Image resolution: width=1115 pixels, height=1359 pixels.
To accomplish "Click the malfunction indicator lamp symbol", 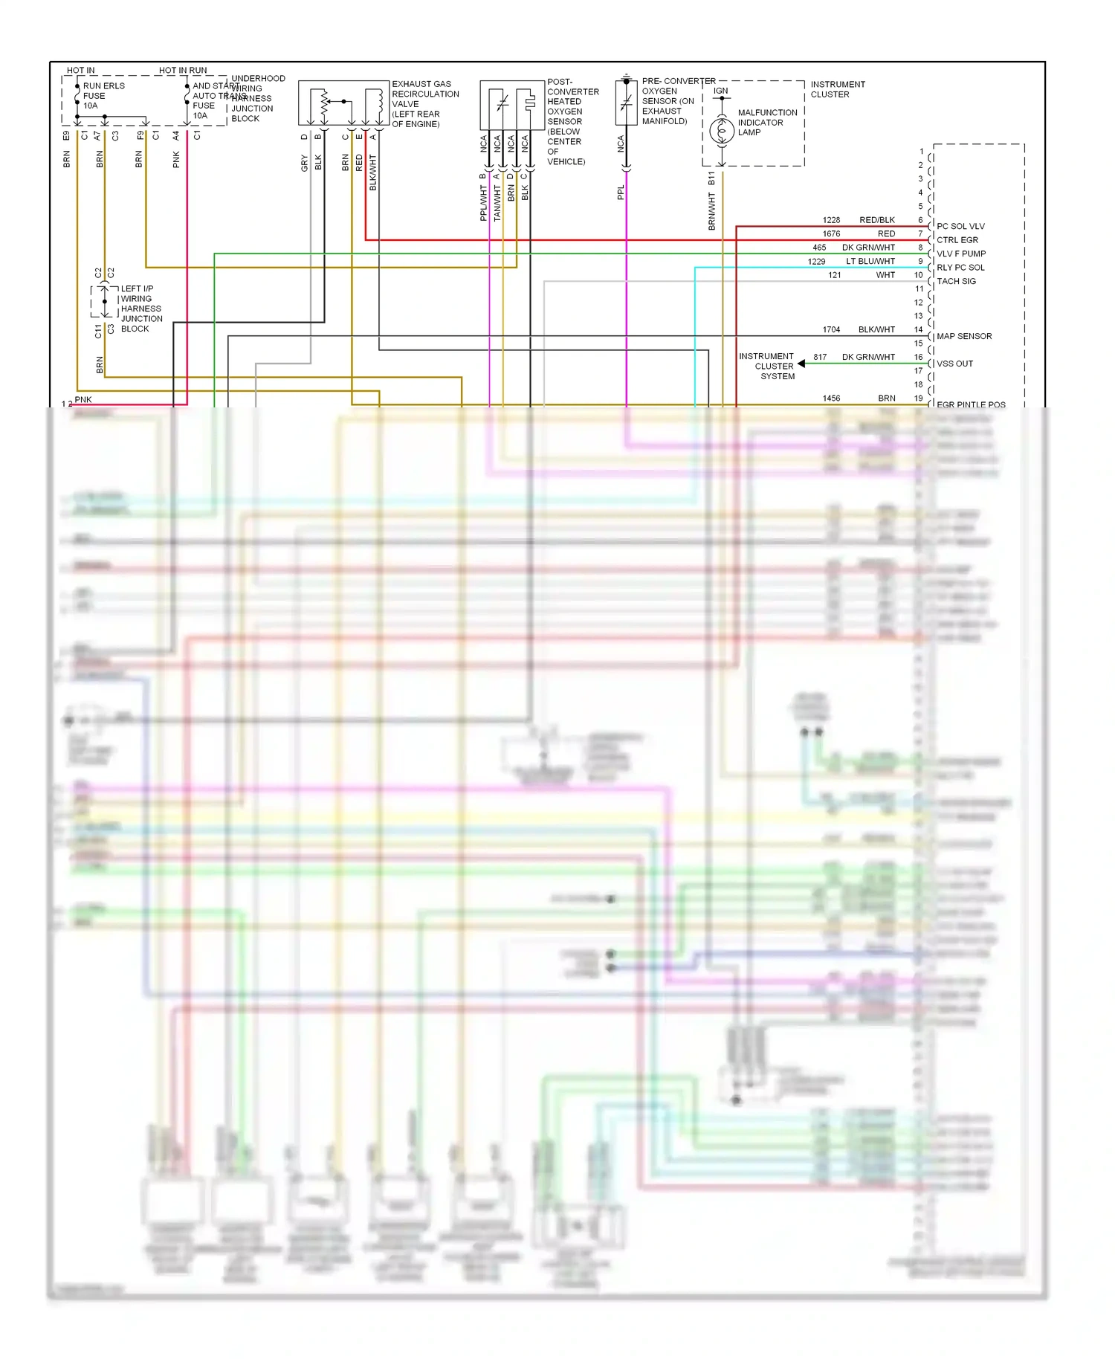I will pyautogui.click(x=722, y=131).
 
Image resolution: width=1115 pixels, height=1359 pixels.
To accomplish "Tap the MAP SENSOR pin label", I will pyautogui.click(x=964, y=336).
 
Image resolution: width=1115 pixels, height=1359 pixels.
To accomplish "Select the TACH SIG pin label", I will pyautogui.click(x=956, y=281).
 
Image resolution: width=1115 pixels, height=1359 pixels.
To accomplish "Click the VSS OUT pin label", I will pyautogui.click(x=954, y=364).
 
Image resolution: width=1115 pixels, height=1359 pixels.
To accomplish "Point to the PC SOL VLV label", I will pyautogui.click(x=960, y=226).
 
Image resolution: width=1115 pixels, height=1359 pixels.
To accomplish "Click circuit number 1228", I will pyautogui.click(x=831, y=220).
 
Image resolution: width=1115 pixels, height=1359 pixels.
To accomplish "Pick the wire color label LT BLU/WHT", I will pyautogui.click(x=870, y=261).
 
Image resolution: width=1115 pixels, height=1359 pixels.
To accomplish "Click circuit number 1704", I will pyautogui.click(x=831, y=329).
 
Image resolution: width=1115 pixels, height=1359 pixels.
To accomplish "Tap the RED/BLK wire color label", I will pyautogui.click(x=877, y=220).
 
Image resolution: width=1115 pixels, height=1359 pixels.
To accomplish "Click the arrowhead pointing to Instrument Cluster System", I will pyautogui.click(x=801, y=364).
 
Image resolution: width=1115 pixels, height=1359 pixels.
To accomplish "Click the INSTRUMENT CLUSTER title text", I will pyautogui.click(x=838, y=89).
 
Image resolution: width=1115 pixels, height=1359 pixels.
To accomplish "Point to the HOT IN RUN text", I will pyautogui.click(x=183, y=71).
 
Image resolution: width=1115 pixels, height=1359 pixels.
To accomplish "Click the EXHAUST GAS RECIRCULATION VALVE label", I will pyautogui.click(x=425, y=104).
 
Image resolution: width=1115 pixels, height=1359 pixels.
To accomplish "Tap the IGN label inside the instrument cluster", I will pyautogui.click(x=721, y=91).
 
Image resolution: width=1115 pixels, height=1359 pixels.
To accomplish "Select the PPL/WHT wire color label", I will pyautogui.click(x=484, y=203).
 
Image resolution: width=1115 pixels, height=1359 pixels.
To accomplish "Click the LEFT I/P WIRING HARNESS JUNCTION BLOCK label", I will pyautogui.click(x=140, y=309).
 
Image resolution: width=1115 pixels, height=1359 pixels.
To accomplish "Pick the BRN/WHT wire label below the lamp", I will pyautogui.click(x=711, y=211).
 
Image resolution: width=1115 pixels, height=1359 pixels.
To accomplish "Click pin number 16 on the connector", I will pyautogui.click(x=919, y=357).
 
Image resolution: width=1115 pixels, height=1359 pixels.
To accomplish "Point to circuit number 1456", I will pyautogui.click(x=831, y=398).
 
